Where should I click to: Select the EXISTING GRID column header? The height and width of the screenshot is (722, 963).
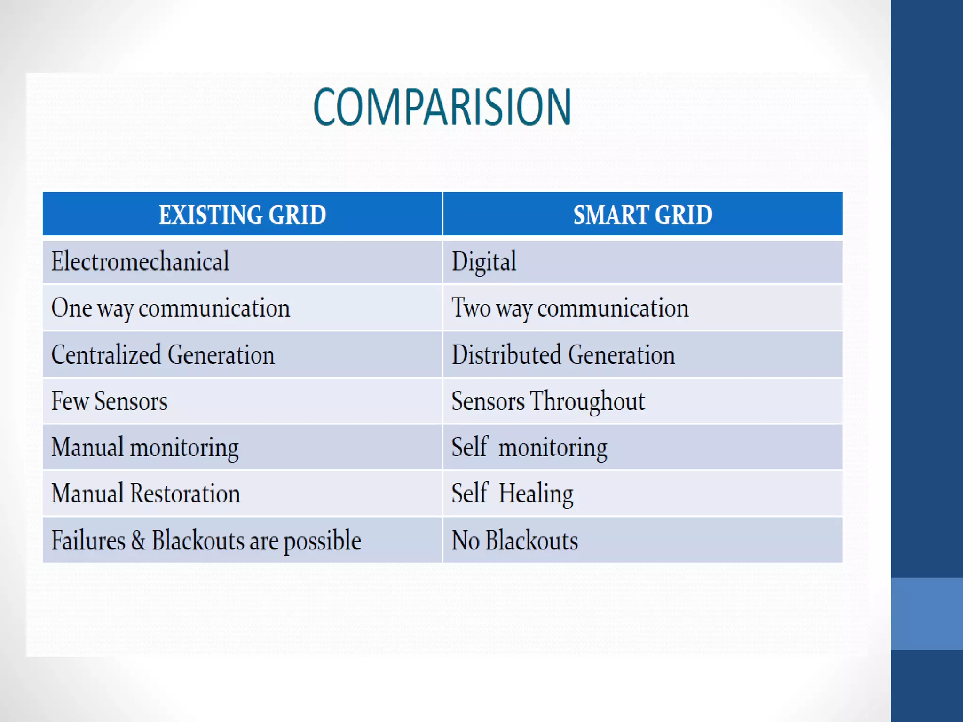tap(242, 215)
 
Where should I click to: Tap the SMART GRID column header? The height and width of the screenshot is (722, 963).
tap(642, 215)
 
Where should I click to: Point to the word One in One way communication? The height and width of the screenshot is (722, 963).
tap(71, 308)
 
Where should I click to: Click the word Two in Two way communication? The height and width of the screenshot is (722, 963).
tap(471, 308)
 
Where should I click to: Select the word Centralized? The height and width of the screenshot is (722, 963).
tap(106, 354)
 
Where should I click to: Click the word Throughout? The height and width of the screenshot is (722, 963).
tap(587, 401)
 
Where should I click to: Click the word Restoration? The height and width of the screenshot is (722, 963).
tap(185, 494)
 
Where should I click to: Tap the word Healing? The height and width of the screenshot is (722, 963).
tap(536, 494)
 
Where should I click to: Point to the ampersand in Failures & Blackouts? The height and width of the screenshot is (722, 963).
tap(138, 540)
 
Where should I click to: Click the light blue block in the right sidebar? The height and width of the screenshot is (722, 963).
tap(926, 613)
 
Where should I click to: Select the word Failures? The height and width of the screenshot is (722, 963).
tap(88, 540)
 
